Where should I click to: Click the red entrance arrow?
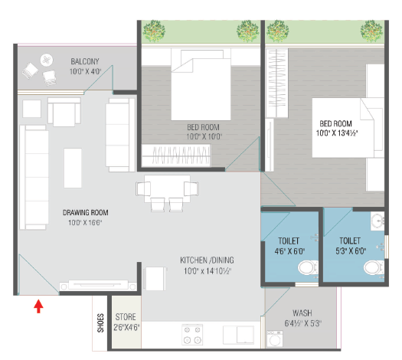click(38, 306)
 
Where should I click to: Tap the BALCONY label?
click(85, 61)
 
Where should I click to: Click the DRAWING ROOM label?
click(85, 213)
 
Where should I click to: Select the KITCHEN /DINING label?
click(207, 260)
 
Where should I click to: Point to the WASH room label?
click(302, 313)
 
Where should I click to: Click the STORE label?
click(126, 317)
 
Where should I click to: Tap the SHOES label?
click(100, 323)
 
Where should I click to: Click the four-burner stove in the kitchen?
click(192, 335)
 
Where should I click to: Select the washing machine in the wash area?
click(275, 339)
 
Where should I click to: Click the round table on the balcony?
click(47, 61)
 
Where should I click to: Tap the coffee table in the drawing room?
click(73, 168)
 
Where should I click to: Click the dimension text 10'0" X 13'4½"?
click(337, 133)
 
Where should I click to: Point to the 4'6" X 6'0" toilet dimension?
click(289, 251)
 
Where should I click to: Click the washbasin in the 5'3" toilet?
click(377, 221)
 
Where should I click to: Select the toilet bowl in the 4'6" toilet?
click(308, 268)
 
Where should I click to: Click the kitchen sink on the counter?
click(238, 335)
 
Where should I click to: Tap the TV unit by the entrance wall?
click(98, 285)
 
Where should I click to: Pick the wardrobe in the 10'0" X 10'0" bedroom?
click(176, 155)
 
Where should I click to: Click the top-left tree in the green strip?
click(154, 31)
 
